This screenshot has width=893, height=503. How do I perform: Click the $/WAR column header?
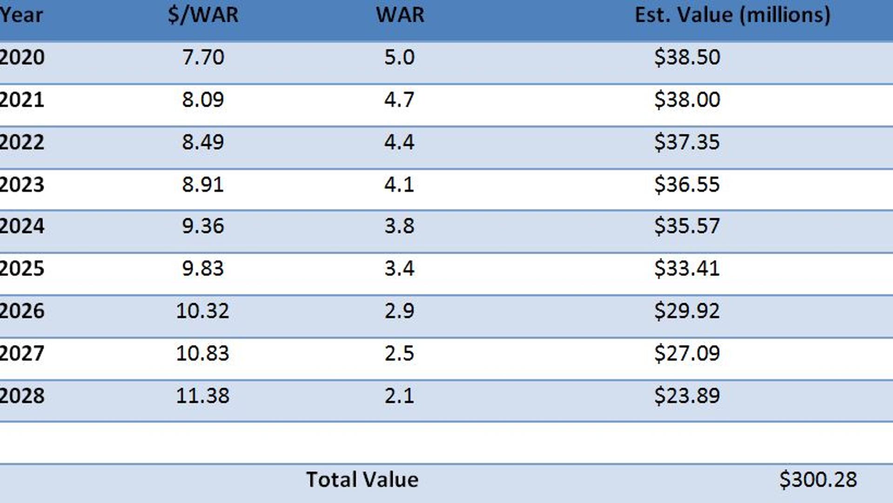(203, 15)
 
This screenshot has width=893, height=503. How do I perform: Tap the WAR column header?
(400, 15)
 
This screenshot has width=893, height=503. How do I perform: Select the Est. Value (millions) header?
(732, 15)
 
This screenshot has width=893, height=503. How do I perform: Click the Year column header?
(21, 15)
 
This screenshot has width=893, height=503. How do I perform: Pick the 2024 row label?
(22, 226)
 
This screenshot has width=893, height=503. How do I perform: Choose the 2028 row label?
(22, 396)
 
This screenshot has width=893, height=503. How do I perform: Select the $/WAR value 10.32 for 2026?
(202, 311)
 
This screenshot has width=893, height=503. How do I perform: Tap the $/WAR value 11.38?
(202, 396)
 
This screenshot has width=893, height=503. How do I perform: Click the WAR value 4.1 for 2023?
(399, 185)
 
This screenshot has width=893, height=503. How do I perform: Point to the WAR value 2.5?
(399, 353)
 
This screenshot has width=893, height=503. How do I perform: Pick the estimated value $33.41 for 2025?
(687, 269)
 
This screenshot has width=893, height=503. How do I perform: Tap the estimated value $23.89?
(687, 396)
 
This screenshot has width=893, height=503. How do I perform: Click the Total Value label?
(362, 480)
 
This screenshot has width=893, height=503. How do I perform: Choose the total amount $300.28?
(818, 480)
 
